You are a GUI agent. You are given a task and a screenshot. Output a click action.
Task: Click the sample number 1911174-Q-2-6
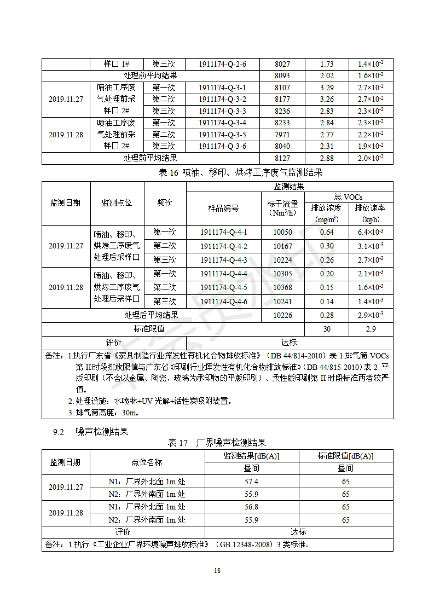(222, 64)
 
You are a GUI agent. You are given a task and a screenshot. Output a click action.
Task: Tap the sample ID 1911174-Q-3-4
(222, 123)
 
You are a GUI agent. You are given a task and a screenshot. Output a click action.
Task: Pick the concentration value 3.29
(327, 88)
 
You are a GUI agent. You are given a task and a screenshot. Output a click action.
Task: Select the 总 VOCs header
(348, 197)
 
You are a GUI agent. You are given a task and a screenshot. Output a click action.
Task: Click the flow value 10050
(282, 232)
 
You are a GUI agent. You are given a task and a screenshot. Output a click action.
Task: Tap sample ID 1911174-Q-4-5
(223, 287)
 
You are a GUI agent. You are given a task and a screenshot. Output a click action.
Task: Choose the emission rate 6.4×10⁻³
(371, 232)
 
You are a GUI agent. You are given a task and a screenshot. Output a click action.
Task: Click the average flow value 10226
(282, 315)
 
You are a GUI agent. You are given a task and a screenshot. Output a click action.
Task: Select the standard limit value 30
(327, 329)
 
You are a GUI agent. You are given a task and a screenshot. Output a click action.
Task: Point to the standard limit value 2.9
(371, 329)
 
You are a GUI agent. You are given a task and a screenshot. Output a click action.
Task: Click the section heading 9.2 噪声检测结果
(90, 432)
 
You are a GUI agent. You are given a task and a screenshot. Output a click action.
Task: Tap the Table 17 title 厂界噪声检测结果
(217, 443)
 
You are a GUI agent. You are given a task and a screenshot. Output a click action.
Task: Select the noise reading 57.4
(251, 482)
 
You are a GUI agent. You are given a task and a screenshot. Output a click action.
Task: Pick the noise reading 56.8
(251, 507)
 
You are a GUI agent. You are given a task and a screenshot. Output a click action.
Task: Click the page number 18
(217, 571)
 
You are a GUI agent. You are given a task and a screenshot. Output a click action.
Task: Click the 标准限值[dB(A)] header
(345, 456)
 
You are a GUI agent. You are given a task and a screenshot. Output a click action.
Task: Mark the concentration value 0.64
(327, 232)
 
